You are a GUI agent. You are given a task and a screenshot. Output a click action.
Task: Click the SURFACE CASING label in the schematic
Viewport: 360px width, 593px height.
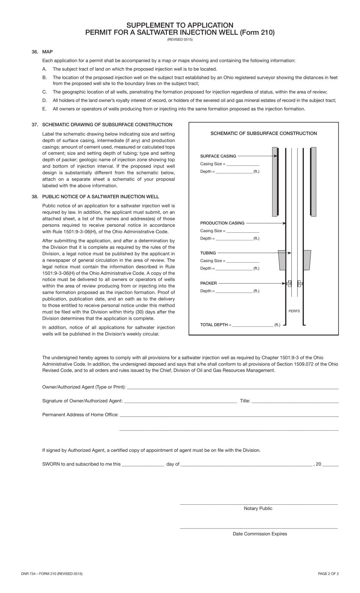(218, 156)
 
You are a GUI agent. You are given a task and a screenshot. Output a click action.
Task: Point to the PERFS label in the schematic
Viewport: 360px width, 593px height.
(294, 311)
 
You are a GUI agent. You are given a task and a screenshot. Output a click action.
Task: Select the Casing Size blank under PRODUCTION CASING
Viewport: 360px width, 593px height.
(243, 231)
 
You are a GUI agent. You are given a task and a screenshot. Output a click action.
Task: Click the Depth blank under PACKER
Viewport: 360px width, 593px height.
(234, 291)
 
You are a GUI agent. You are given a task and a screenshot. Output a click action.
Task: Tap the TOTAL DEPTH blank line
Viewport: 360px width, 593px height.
(253, 325)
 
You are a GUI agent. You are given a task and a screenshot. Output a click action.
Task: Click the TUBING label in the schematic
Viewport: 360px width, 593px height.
(208, 253)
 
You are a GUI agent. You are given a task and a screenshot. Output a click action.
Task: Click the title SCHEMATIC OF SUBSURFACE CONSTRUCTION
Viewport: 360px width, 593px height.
(264, 133)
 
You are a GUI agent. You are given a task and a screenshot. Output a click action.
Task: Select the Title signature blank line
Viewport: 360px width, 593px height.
(295, 401)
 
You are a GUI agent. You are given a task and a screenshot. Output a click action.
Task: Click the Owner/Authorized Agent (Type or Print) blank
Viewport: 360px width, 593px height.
(233, 387)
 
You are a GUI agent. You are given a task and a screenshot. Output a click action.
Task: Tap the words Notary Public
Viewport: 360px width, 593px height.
(258, 508)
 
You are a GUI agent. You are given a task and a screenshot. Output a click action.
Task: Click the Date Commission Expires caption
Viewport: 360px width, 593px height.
(260, 534)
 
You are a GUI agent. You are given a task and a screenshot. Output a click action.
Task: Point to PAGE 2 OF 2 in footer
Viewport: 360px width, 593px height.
(328, 574)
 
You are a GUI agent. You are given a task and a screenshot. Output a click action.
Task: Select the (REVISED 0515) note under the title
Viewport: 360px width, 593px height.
(180, 39)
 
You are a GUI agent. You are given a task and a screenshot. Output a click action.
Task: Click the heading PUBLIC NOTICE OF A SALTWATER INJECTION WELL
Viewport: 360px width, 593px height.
(100, 197)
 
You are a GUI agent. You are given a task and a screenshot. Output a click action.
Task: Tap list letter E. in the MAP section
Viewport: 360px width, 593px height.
(44, 109)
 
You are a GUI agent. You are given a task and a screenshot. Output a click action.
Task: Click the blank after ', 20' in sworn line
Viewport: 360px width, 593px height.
(330, 464)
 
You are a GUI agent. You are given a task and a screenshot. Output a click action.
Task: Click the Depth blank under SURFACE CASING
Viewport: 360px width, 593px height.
(234, 172)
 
